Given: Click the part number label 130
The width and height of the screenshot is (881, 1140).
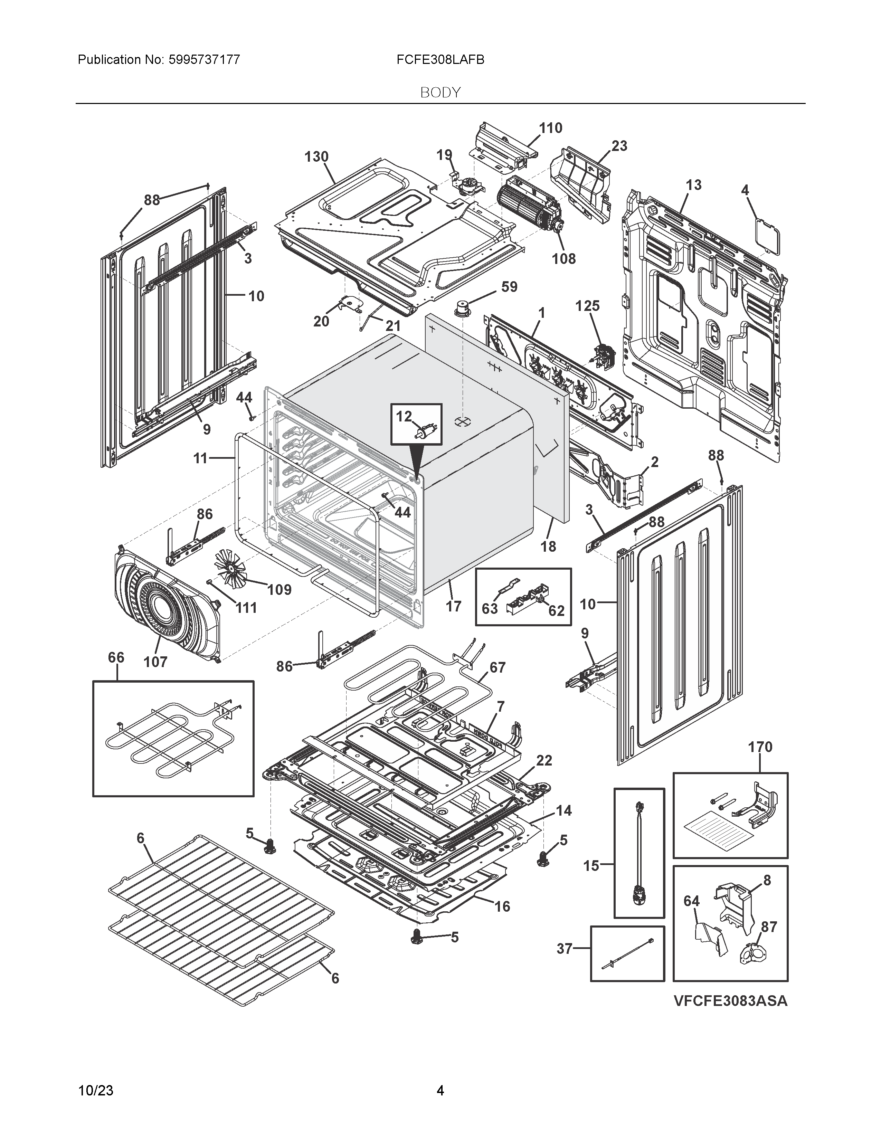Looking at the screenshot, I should click(x=316, y=156).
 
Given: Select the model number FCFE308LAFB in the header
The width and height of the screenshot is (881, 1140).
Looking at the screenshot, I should click(x=440, y=60).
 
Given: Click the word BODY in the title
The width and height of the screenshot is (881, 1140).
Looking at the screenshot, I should click(x=440, y=93).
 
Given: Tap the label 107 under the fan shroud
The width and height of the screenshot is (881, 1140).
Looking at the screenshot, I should click(x=155, y=662).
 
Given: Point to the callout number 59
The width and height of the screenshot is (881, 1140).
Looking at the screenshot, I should click(x=509, y=287).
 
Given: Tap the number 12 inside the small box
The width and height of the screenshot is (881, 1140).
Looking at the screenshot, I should click(x=404, y=416).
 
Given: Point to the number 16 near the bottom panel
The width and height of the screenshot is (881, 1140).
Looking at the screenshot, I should click(x=502, y=907).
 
